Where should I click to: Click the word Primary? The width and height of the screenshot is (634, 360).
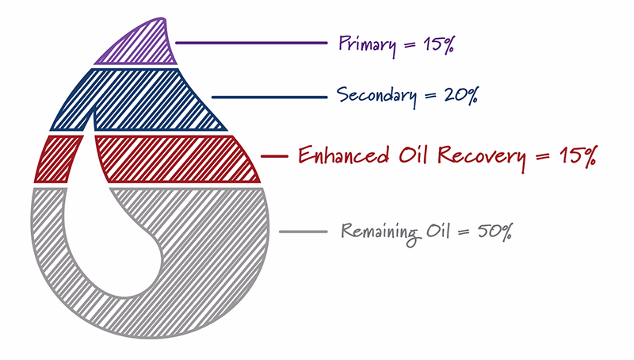(367, 44)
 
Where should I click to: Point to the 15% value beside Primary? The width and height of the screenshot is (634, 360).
(439, 44)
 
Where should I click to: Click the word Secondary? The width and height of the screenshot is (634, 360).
(376, 96)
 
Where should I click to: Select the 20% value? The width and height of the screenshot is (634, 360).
(461, 96)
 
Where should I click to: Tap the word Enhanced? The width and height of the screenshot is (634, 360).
(344, 155)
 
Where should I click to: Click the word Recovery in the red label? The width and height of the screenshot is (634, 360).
(483, 157)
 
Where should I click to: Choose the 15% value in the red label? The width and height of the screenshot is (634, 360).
(578, 155)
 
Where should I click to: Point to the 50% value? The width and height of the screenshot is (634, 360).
(495, 232)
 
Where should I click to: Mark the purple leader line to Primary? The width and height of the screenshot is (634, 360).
(251, 43)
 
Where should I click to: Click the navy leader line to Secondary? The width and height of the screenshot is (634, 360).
(269, 97)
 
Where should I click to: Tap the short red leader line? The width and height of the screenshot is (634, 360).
(274, 155)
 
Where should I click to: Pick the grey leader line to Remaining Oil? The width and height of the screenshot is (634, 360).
(304, 232)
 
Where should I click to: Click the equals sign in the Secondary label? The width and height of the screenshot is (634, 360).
(430, 96)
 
